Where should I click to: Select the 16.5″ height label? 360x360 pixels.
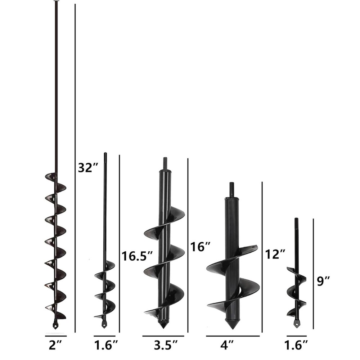137,256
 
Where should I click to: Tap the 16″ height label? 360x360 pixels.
200,247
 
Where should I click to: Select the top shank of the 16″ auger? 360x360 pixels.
165,163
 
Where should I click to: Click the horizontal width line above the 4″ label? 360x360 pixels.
233,336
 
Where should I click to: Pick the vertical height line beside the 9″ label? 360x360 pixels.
314,274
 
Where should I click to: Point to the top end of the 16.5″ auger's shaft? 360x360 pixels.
105,154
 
